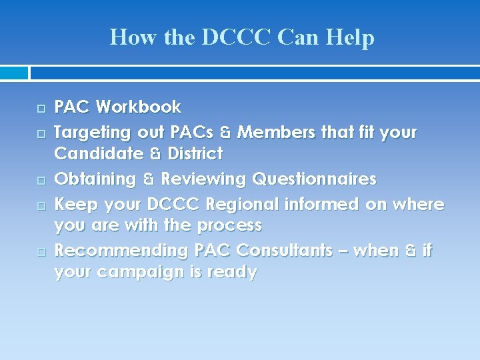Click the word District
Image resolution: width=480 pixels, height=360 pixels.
pos(195,154)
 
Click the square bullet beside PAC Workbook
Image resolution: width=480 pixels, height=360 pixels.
pos(41,108)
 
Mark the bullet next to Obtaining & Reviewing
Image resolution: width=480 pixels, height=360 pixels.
pos(41,181)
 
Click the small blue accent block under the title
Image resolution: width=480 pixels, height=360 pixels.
pos(14,73)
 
